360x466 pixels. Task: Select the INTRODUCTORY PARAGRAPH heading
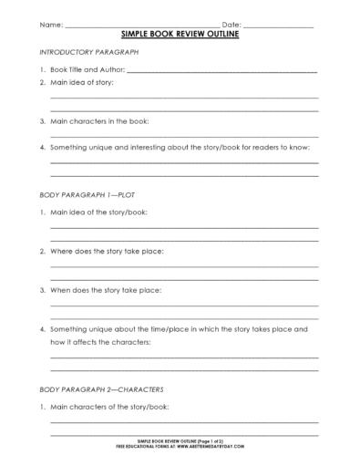(84, 54)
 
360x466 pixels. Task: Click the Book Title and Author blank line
(223, 70)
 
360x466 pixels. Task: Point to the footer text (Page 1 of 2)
(216, 451)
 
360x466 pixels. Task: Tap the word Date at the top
(231, 23)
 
